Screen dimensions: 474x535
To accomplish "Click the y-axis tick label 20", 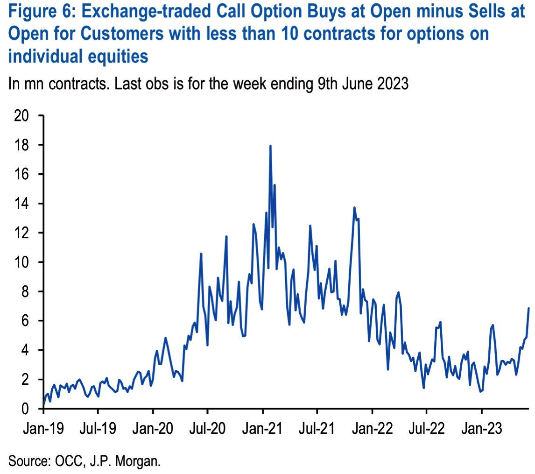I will (x=22, y=116).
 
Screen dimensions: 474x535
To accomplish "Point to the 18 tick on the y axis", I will (x=22, y=145).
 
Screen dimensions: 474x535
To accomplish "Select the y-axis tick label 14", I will (x=22, y=204).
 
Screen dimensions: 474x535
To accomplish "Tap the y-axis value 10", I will (x=22, y=262).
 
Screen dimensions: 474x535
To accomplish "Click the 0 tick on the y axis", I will (x=27, y=409).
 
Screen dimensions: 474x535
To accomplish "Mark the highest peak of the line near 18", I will (x=270, y=146).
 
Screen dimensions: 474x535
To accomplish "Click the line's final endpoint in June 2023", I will (x=529, y=308).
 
